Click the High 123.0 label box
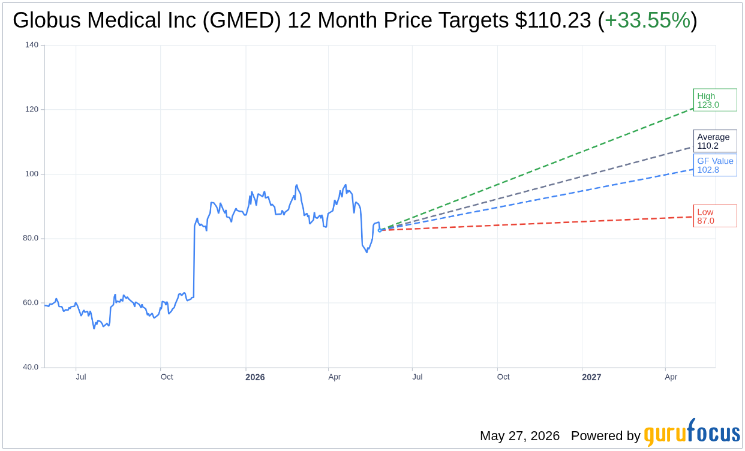pos(715,100)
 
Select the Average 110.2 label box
pos(715,141)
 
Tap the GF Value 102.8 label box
pos(715,165)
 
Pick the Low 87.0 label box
pos(715,216)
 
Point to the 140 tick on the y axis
pos(32,44)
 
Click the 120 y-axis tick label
pos(32,109)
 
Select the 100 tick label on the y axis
pos(32,173)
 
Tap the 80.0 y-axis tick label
pos(30,238)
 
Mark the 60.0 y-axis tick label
pos(30,303)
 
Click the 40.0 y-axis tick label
pos(30,367)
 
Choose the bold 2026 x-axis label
pos(255,377)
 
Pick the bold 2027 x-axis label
pos(591,377)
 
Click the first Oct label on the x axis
pos(167,377)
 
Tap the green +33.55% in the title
pos(647,20)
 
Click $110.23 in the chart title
pos(553,20)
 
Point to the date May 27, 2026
pos(519,435)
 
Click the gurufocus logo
pos(692,432)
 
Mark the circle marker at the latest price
pos(380,230)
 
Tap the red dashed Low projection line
pos(536,224)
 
